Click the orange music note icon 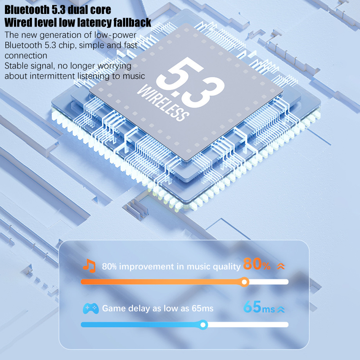(89, 265)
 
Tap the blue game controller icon (91, 309)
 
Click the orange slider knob (245, 282)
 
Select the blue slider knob (203, 324)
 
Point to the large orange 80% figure (256, 264)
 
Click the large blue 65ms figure (259, 307)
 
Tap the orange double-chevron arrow (281, 266)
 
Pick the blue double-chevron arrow (281, 310)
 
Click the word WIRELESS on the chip (163, 103)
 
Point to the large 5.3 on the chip (190, 82)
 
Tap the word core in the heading (100, 10)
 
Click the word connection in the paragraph (26, 55)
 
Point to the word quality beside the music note (227, 267)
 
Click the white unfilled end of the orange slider (269, 282)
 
